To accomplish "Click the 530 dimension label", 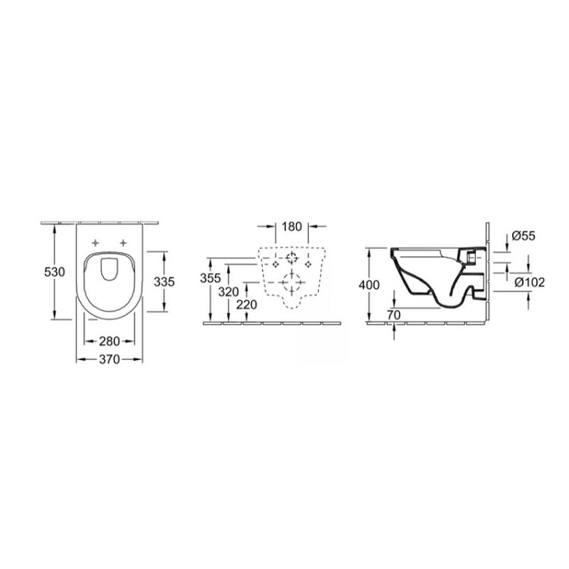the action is point(55,272).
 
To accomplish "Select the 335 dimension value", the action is point(164,282).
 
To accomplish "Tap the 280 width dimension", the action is point(110,341).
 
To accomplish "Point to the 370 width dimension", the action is point(110,359).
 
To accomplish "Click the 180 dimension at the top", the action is point(292,226).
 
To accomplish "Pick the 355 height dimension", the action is point(211,278).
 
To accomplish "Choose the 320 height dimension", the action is point(228,292).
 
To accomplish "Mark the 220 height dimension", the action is point(247,305).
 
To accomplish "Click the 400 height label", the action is point(369,285).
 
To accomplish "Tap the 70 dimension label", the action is point(394,315).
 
